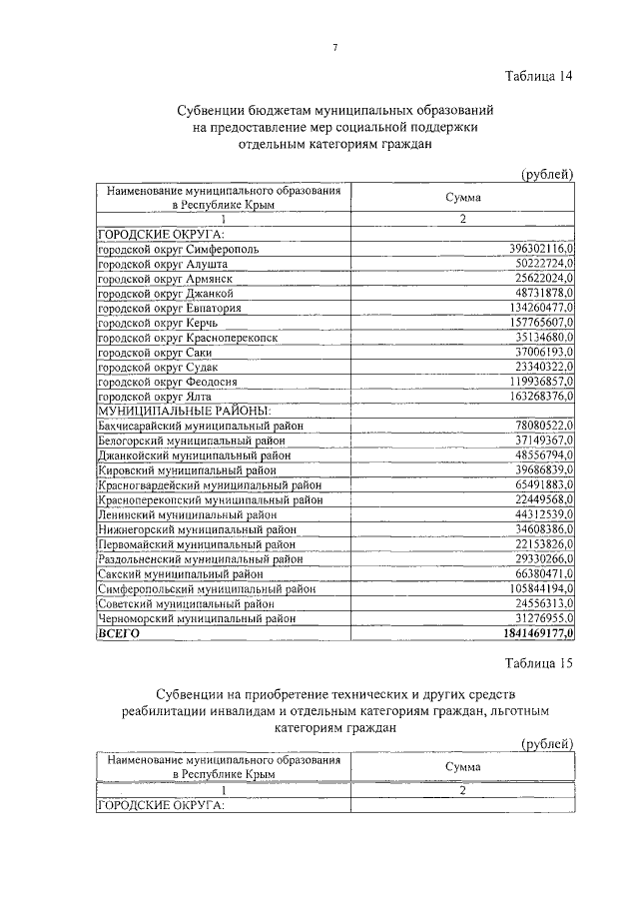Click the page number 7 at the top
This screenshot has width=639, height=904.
coord(335,47)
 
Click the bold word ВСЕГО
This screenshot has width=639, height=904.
coord(119,634)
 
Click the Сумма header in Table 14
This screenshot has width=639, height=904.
coord(462,198)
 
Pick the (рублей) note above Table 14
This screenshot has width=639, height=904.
coord(547,175)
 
